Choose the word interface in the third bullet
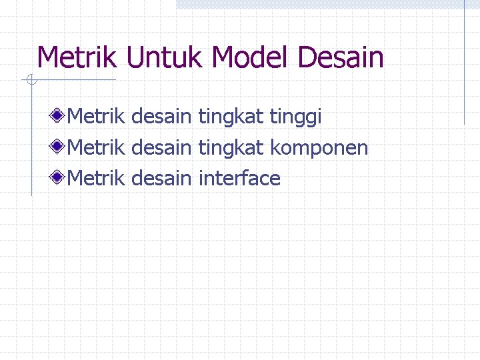pos(239,178)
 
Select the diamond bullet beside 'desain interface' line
pos(59,178)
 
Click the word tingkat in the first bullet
pos(231,117)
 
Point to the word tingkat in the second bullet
pos(231,147)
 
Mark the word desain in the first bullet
pos(161,117)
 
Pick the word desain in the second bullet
pos(161,147)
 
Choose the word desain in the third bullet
pos(161,178)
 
